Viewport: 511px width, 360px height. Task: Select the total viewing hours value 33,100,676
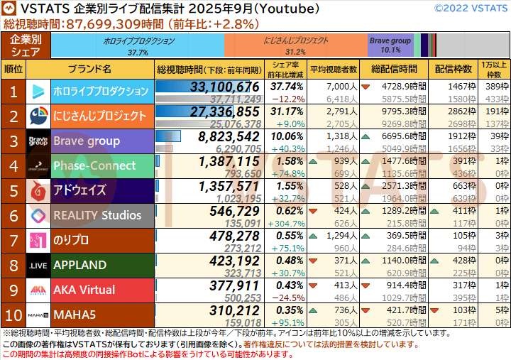point(224,86)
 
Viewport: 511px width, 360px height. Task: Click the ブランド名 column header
point(90,69)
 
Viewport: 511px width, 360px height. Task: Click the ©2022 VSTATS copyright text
point(470,9)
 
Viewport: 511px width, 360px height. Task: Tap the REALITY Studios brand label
point(98,215)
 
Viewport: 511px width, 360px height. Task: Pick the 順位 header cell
point(13,69)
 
